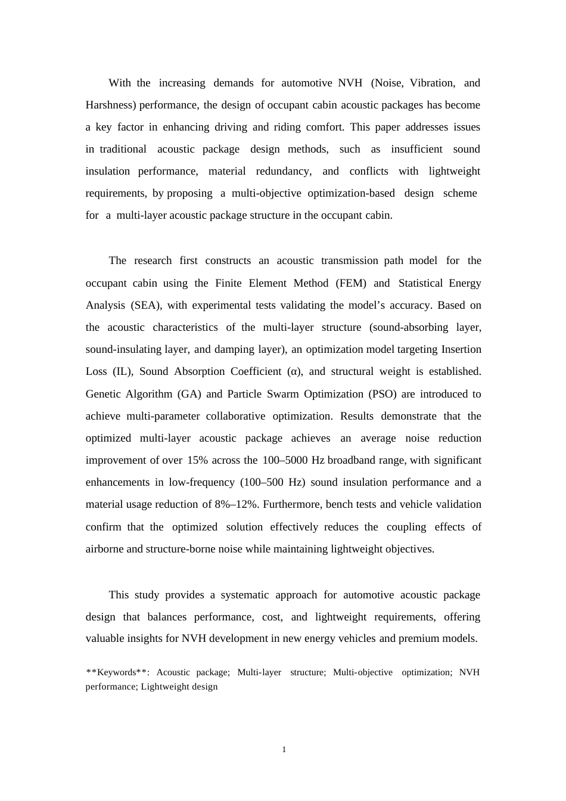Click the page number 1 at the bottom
pyautogui.click(x=284, y=749)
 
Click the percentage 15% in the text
pyautogui.click(x=197, y=460)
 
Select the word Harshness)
pyautogui.click(x=111, y=105)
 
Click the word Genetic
pyautogui.click(x=103, y=394)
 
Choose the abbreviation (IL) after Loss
pyautogui.click(x=123, y=371)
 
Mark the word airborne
pyautogui.click(x=104, y=549)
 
